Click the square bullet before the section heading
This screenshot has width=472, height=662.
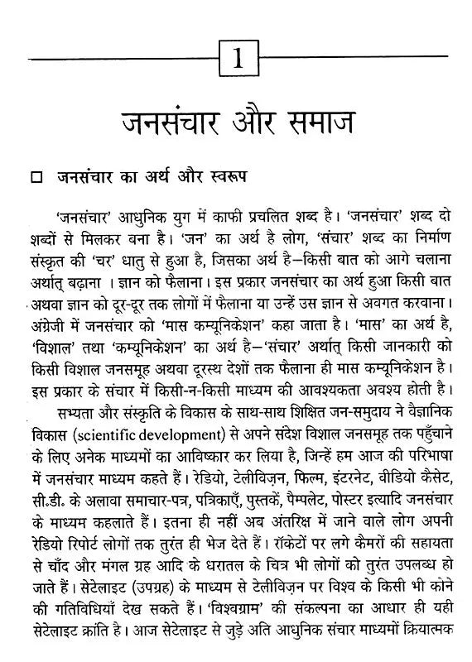pos(35,177)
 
